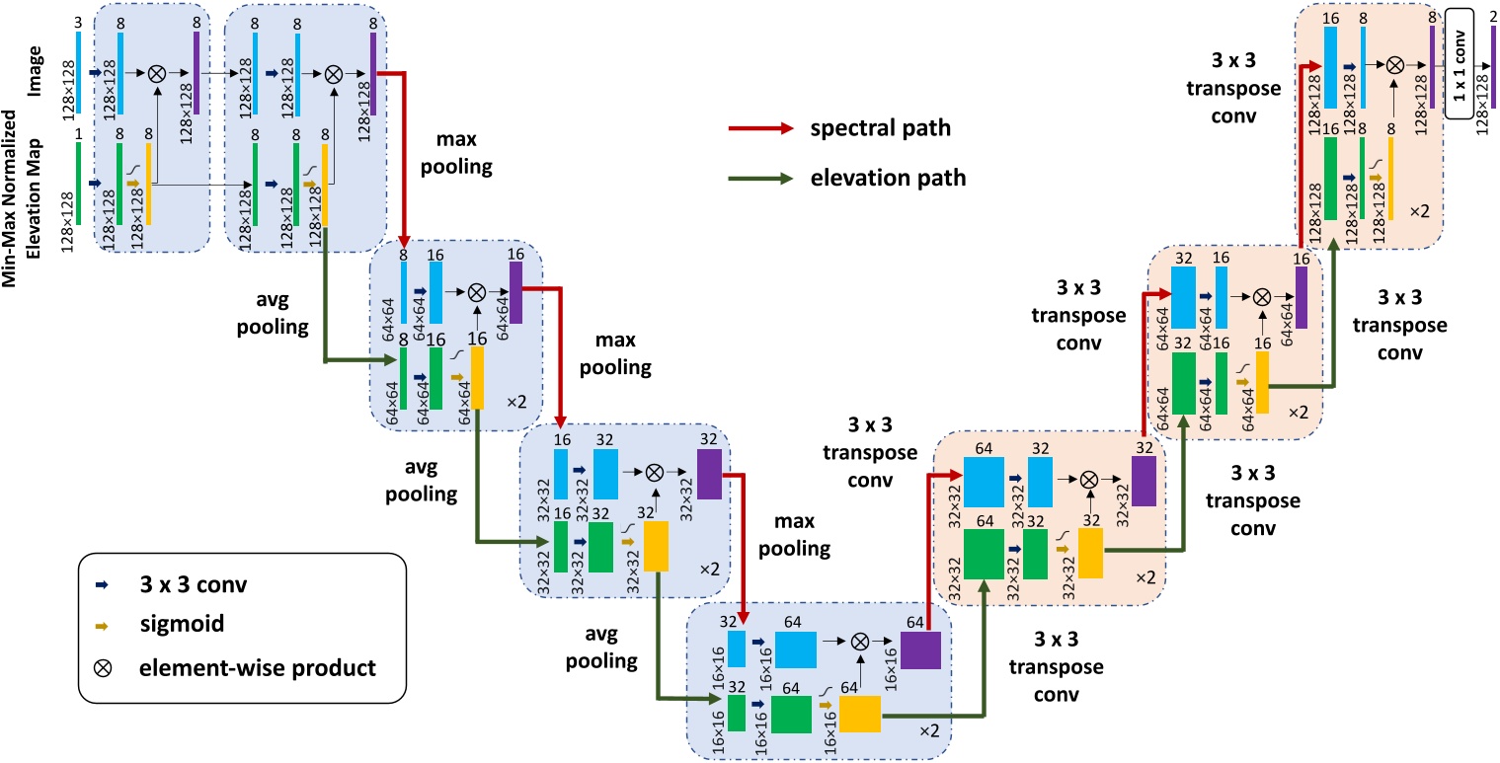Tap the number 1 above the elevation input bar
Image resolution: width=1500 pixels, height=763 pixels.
point(78,131)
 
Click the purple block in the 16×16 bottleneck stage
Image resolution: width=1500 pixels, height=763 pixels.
point(920,651)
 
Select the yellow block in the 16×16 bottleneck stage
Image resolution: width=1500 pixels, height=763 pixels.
point(859,714)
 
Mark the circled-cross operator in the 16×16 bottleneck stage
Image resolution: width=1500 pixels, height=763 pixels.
point(860,642)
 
